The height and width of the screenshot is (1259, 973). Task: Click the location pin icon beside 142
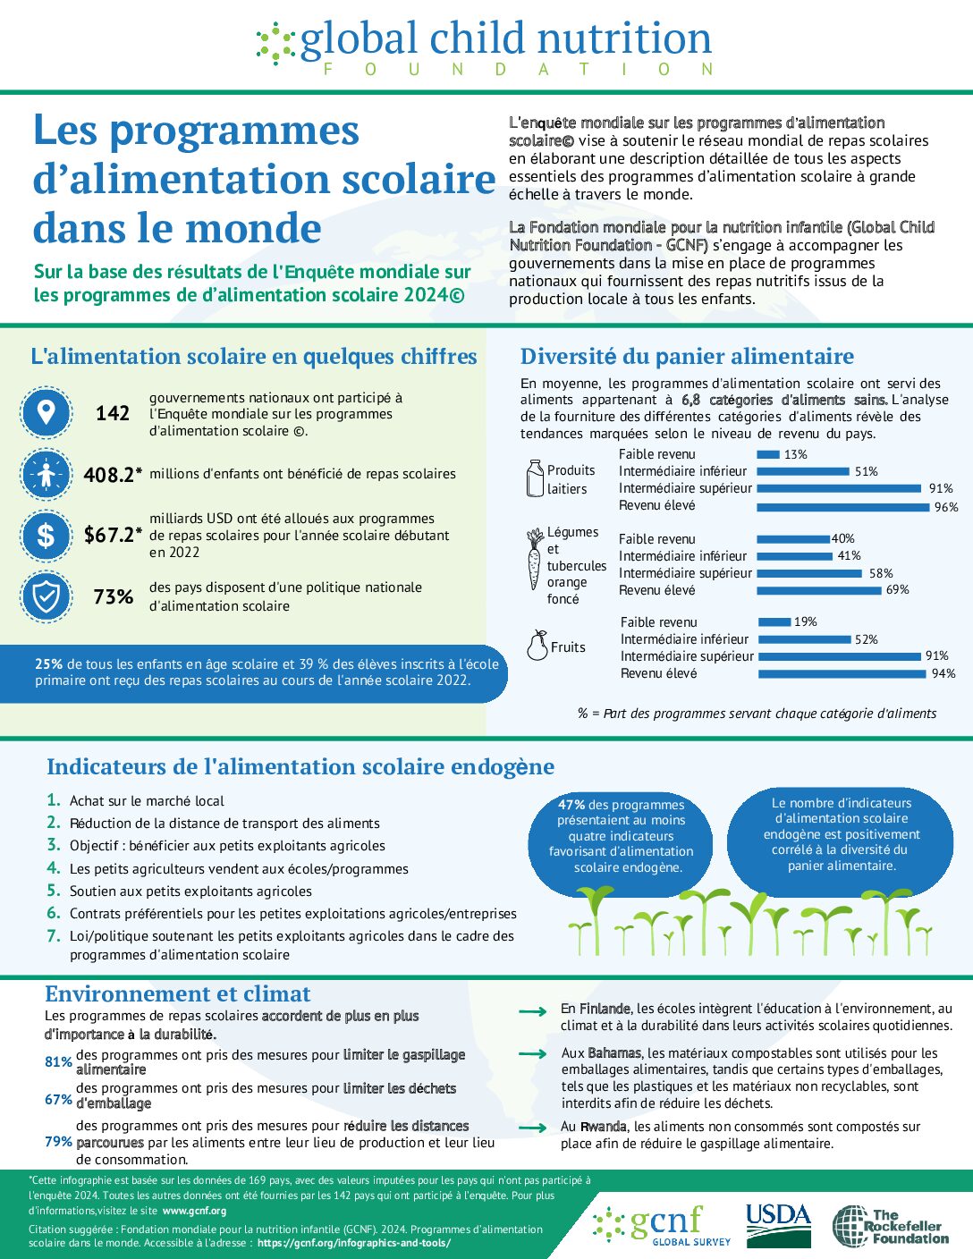(46, 412)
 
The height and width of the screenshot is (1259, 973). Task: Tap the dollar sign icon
(46, 535)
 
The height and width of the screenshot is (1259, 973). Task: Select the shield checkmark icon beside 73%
(46, 596)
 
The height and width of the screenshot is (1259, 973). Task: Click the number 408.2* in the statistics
(113, 475)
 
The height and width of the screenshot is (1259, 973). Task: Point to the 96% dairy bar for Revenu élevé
(842, 507)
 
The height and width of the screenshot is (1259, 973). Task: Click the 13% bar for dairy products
(767, 454)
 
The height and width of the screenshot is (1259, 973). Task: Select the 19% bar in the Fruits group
(774, 622)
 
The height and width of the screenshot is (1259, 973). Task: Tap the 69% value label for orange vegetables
(897, 590)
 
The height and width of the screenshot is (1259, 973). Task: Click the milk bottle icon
(535, 478)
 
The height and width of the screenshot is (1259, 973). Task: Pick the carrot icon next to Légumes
(534, 559)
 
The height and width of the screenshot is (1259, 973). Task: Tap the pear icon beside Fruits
(537, 646)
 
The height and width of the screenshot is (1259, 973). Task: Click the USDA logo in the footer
(778, 1225)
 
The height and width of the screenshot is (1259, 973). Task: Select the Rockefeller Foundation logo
(890, 1226)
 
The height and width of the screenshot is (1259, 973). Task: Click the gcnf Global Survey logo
(662, 1225)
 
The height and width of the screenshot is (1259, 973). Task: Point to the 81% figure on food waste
(58, 1062)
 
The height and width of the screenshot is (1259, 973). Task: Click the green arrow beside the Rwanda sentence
(533, 1128)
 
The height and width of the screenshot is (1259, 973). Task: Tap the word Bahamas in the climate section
(614, 1053)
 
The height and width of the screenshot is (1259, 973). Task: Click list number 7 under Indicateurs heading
(54, 936)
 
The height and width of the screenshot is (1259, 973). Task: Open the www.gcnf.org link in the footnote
(194, 1211)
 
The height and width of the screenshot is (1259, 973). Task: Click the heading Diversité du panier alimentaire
(687, 357)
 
